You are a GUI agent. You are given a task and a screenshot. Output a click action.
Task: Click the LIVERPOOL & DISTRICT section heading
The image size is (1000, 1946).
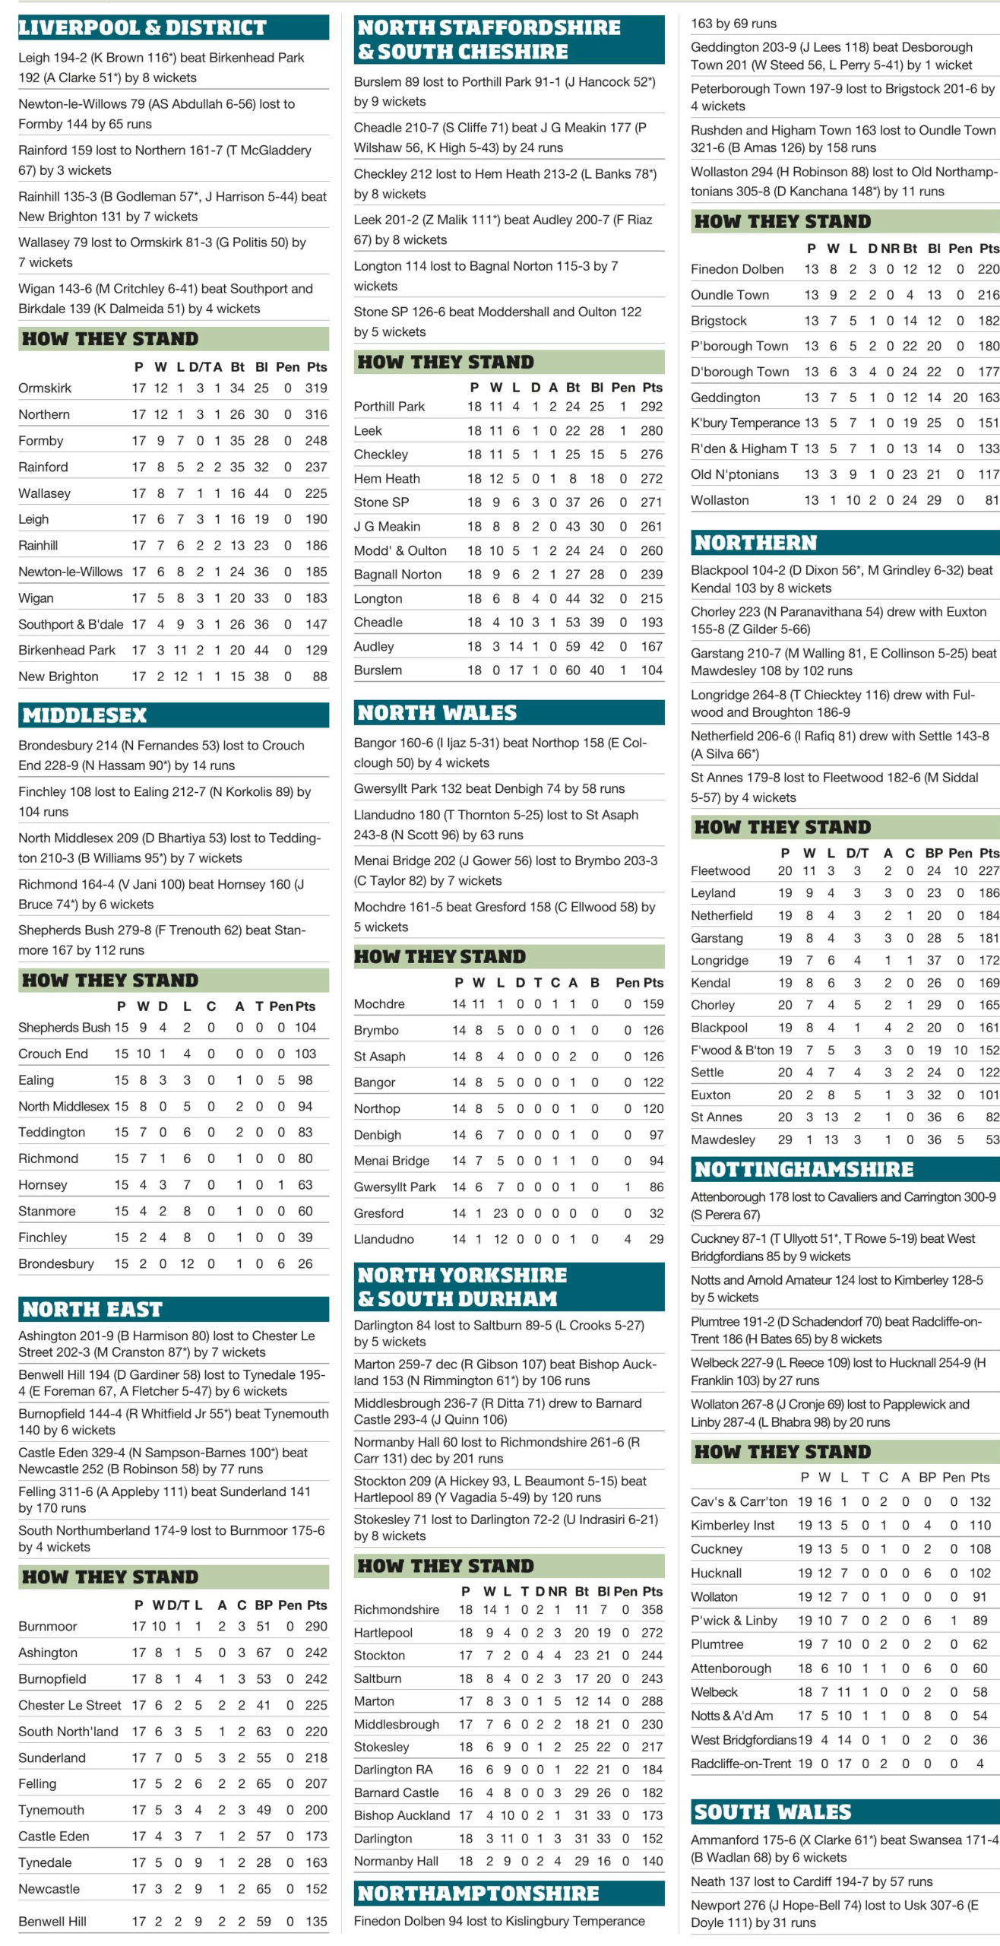(142, 28)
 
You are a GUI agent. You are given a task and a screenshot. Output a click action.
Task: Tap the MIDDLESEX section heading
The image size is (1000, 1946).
(84, 715)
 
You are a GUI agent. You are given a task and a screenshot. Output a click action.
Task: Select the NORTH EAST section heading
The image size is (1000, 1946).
(92, 1309)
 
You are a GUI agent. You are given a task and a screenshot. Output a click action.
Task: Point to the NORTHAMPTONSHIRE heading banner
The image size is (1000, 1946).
(478, 1893)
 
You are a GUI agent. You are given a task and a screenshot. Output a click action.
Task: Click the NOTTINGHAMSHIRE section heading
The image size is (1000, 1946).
(804, 1169)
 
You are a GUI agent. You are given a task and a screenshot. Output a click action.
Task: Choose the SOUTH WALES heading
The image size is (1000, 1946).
(772, 1811)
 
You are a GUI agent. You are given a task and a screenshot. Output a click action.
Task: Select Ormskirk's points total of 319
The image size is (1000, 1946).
(315, 388)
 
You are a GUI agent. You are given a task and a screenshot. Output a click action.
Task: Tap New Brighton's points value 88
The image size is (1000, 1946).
(319, 677)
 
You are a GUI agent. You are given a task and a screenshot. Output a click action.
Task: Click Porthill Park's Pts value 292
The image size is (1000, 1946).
(651, 407)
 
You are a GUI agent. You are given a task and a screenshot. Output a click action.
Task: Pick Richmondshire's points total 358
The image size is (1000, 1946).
(651, 1609)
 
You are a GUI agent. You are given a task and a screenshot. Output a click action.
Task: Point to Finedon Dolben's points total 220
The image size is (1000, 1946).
(988, 269)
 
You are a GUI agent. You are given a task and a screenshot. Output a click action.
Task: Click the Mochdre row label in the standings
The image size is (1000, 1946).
(379, 1004)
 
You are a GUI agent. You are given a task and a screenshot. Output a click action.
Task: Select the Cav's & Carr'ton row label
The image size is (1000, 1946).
(739, 1501)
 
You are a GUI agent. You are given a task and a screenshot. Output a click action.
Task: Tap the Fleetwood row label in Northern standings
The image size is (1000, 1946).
(720, 871)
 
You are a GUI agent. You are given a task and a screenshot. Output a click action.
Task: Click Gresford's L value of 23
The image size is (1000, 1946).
(500, 1213)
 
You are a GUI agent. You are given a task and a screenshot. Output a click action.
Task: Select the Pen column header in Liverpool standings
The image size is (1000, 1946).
(287, 367)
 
